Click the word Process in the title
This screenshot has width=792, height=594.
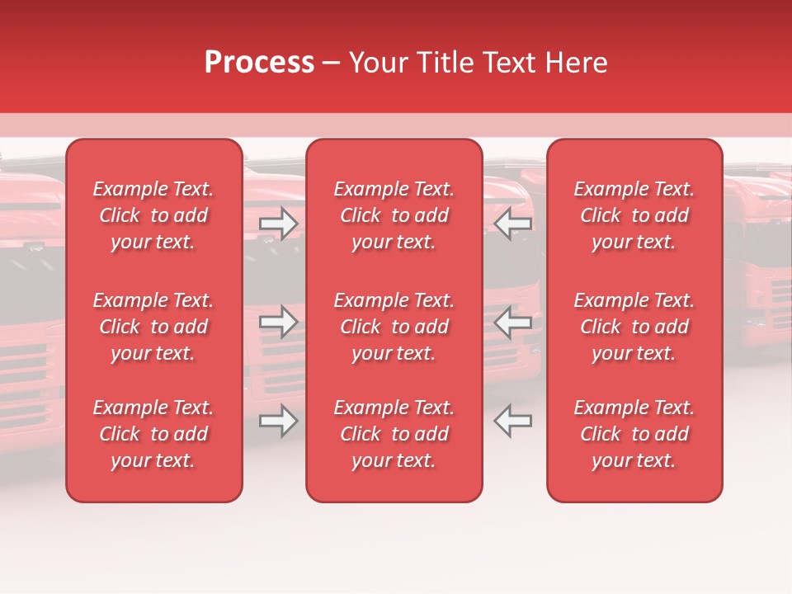259,63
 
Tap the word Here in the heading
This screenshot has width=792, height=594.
576,63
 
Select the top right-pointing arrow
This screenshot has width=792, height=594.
279,223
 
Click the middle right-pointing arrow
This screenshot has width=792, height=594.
279,323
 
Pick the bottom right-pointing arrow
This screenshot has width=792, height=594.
279,421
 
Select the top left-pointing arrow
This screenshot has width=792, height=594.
512,223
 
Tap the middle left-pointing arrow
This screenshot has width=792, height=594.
512,323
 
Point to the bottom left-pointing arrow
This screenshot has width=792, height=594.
512,421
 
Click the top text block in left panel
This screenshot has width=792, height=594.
153,215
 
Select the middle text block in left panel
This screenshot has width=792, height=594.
153,327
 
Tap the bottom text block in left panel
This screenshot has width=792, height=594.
153,434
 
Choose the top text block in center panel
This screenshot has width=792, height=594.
394,215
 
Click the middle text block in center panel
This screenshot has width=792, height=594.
394,327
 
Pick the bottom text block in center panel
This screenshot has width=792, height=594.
394,434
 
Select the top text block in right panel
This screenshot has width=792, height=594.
634,215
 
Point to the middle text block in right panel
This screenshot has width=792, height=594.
634,327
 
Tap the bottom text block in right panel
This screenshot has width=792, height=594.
634,434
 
